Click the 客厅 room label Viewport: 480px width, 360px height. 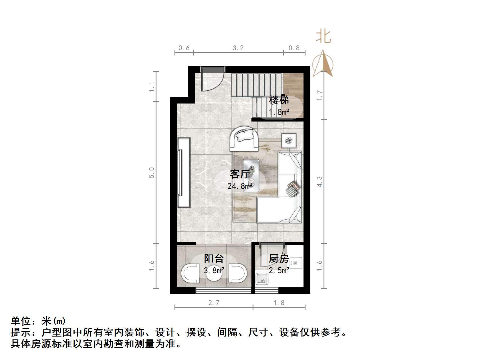click(239, 174)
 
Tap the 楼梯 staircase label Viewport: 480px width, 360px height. click(279, 100)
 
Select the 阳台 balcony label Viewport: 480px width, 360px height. click(214, 258)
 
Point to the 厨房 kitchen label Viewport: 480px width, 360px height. click(279, 258)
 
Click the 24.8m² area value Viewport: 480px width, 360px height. click(240, 186)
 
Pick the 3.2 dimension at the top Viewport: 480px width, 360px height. click(238, 48)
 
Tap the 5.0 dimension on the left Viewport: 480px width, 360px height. click(151, 172)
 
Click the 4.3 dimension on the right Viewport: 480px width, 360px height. click(319, 182)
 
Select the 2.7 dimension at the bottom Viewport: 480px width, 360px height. click(214, 303)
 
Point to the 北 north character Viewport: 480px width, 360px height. click(323, 37)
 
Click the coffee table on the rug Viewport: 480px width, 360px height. click(251, 175)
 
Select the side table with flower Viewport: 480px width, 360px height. click(289, 140)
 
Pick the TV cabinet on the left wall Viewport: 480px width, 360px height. click(184, 172)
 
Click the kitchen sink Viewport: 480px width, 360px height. click(262, 279)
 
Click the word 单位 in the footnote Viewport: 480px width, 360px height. click(21, 321)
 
